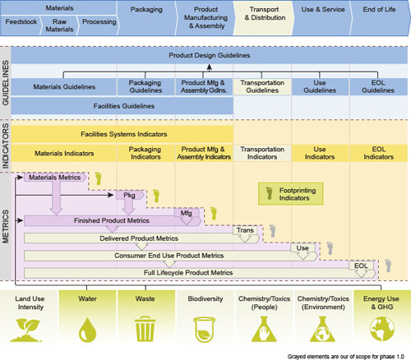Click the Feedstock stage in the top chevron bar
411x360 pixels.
[x=21, y=25]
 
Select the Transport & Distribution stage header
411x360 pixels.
[x=265, y=18]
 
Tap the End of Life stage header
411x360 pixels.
[x=380, y=18]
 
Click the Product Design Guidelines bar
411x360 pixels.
[x=210, y=55]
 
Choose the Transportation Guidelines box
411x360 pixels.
[x=262, y=86]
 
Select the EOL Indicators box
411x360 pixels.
[x=379, y=153]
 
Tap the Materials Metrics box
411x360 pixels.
[x=55, y=178]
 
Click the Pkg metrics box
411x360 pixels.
[x=130, y=196]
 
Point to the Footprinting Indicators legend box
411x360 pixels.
[x=291, y=194]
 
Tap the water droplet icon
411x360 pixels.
[x=88, y=330]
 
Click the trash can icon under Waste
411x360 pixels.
[x=145, y=329]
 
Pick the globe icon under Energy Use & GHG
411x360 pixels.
[x=382, y=329]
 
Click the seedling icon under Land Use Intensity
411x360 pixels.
[x=26, y=330]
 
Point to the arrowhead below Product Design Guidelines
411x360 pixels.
[x=210, y=67]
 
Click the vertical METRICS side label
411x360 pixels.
[x=6, y=226]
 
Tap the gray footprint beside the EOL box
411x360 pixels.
[x=388, y=265]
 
